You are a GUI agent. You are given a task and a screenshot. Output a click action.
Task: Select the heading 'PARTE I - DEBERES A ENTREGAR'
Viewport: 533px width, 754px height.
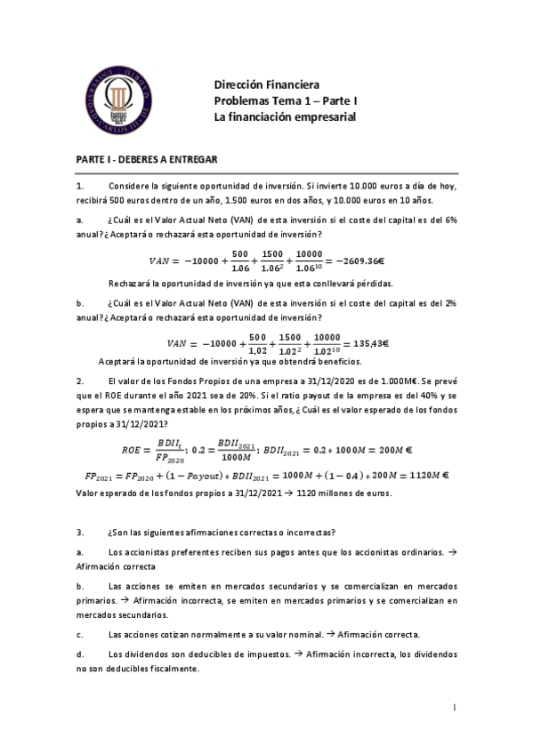click(x=146, y=158)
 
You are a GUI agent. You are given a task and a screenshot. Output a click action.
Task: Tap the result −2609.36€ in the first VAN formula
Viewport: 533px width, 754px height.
click(x=375, y=261)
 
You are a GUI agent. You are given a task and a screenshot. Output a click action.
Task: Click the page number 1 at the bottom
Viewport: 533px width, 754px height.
click(x=454, y=708)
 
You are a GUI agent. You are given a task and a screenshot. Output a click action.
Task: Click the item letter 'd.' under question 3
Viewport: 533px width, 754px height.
click(x=80, y=654)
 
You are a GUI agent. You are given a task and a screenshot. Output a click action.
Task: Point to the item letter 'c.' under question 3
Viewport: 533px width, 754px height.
click(x=80, y=634)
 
